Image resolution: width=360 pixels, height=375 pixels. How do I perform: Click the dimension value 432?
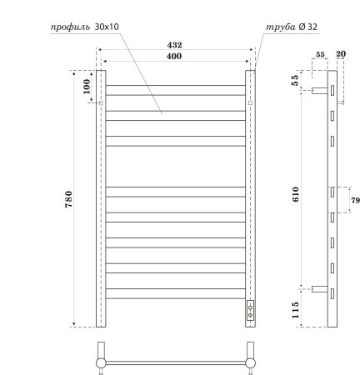click(174, 44)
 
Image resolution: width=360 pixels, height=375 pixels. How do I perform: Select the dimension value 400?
click(174, 55)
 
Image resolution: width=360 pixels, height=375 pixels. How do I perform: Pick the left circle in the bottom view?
click(102, 362)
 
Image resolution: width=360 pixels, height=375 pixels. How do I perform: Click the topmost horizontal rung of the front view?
click(174, 85)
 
